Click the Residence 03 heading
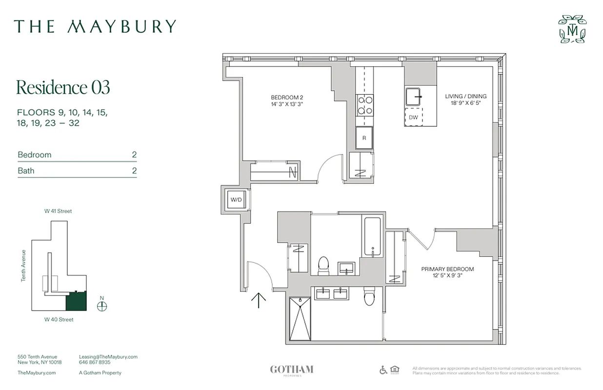(63, 87)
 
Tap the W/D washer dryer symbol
(236, 199)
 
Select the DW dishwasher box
(413, 117)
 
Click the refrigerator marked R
(364, 138)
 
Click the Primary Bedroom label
(447, 273)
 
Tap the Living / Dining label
(465, 99)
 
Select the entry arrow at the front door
(258, 300)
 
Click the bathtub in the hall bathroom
(373, 237)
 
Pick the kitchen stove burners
(364, 105)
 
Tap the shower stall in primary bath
(299, 319)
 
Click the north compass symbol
(102, 306)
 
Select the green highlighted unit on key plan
(76, 301)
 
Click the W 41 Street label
(58, 211)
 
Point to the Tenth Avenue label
(23, 266)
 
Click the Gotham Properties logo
(291, 370)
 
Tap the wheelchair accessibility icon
(383, 370)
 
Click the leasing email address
(108, 357)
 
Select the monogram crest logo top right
(572, 29)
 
